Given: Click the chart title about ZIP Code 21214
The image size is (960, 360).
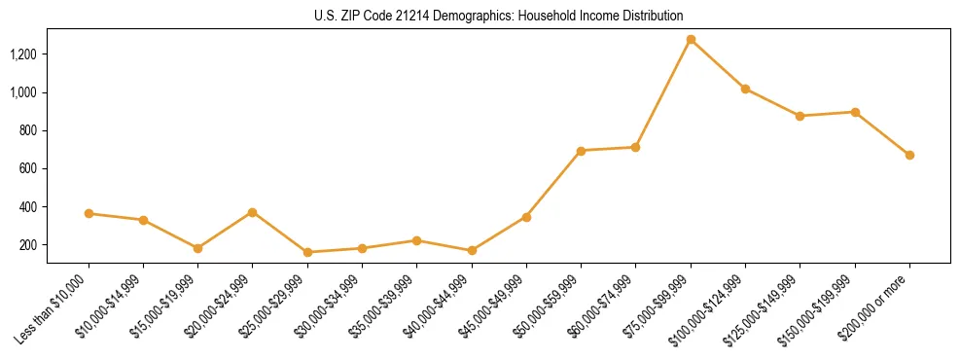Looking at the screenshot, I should tap(480, 16).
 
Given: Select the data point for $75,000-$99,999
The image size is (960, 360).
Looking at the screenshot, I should tap(691, 40).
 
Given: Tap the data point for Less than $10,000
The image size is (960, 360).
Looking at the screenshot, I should tap(89, 213).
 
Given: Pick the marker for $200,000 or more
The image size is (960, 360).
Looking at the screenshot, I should tap(909, 155).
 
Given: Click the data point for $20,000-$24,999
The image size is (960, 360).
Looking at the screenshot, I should tap(253, 212).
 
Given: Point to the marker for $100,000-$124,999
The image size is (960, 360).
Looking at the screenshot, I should tap(745, 89).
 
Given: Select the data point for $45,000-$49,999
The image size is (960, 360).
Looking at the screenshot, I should tap(526, 217).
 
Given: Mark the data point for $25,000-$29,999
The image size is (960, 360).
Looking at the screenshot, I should tap(307, 252).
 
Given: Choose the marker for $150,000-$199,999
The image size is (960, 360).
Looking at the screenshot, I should tap(855, 112).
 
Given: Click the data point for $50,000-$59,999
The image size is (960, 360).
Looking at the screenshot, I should tap(581, 151).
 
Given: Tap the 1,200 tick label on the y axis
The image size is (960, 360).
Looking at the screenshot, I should tap(23, 54).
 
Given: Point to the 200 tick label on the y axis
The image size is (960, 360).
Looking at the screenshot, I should tap(29, 245).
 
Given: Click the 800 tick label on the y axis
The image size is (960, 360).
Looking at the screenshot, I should tap(29, 130).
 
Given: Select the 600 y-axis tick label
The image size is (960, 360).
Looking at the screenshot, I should tap(29, 168).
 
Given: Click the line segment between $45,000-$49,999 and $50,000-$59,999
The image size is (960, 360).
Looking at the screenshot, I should tap(553, 184).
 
